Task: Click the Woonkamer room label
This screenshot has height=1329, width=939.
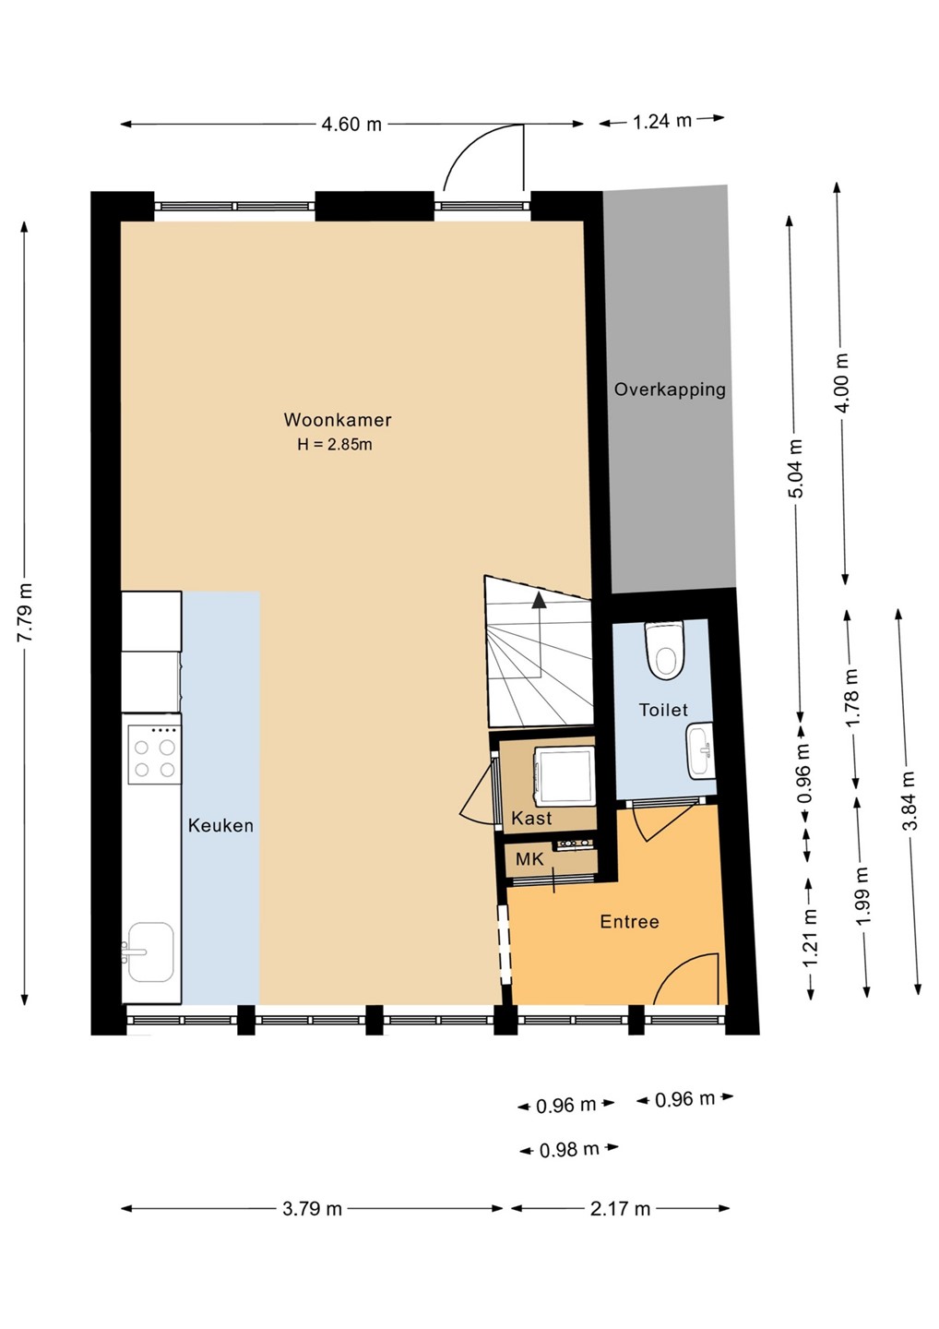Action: tap(338, 419)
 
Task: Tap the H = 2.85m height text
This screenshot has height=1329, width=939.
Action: tap(335, 445)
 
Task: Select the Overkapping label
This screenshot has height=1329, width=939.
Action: tap(670, 389)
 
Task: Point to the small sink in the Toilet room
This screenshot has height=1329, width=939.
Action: tap(701, 751)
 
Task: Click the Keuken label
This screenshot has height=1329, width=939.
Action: tap(220, 825)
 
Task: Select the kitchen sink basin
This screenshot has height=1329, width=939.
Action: tap(150, 952)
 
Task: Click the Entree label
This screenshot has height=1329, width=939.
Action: tap(630, 921)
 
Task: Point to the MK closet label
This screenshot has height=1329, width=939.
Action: tap(529, 859)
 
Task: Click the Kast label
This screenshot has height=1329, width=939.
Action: tap(531, 818)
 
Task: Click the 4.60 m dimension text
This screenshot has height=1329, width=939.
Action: tap(351, 125)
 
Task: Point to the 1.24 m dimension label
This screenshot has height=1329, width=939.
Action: tap(662, 121)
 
